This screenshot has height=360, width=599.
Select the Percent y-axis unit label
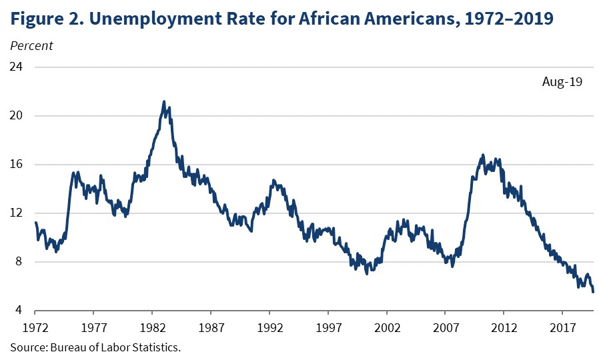tap(31, 46)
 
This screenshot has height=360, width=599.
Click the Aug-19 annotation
tap(562, 83)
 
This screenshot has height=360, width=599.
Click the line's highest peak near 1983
tap(164, 102)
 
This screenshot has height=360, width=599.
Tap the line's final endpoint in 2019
tap(593, 291)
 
